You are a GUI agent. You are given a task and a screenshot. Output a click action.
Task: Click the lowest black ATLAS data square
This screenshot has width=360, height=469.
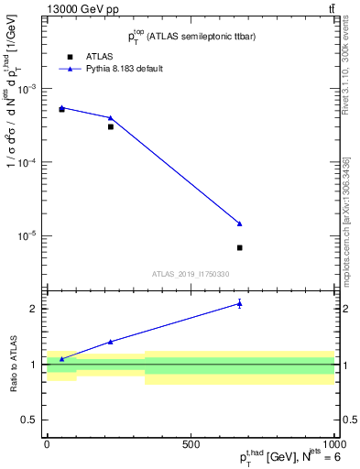tap(239, 247)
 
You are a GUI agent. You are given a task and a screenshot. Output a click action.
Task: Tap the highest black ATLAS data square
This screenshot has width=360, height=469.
tap(61, 109)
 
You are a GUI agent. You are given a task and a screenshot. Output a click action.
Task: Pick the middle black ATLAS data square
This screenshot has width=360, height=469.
tap(111, 126)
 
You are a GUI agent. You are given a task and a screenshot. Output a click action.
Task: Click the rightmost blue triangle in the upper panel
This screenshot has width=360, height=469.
tap(239, 224)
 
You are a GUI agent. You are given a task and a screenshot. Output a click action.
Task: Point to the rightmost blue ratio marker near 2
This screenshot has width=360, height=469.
tap(239, 304)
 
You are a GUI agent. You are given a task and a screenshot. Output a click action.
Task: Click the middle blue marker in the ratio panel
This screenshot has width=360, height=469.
tap(111, 342)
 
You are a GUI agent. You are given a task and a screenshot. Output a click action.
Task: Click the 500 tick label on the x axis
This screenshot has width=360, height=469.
tap(191, 443)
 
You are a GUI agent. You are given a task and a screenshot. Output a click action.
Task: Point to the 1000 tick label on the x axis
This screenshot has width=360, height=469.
tap(332, 443)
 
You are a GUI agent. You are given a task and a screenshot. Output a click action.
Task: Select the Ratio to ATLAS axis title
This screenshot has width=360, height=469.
tap(12, 364)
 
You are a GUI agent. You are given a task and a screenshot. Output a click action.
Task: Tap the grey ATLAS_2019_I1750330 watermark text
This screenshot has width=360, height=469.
tap(191, 274)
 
